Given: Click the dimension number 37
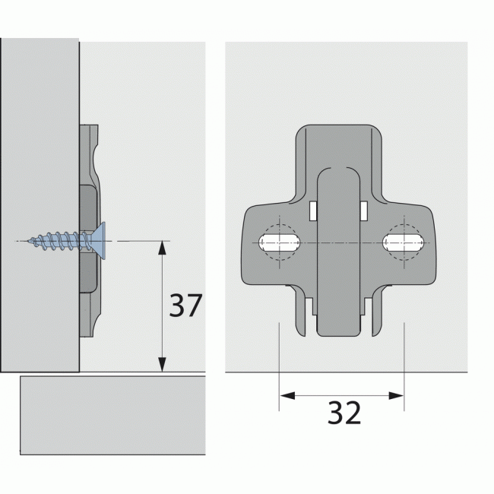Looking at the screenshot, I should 185,306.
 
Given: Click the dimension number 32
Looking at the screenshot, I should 344,413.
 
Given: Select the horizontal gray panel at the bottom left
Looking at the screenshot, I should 112,415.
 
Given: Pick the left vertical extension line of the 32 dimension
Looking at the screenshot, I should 279,365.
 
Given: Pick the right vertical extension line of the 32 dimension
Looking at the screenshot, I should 403,365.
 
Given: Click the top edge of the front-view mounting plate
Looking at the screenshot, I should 338,125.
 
